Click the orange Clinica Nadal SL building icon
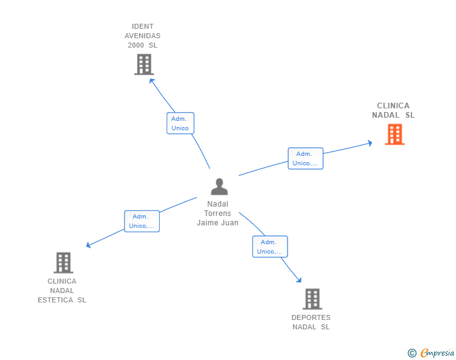tap(395, 135)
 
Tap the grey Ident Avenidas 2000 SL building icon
tap(144, 64)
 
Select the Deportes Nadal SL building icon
tap(312, 299)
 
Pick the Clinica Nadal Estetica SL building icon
tap(63, 263)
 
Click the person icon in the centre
tap(219, 187)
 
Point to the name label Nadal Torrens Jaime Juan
tap(218, 213)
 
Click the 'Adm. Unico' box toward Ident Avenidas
tap(180, 123)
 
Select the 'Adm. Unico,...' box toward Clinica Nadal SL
tap(305, 158)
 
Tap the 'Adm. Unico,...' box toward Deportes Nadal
tap(270, 247)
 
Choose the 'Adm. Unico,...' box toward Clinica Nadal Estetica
tap(142, 221)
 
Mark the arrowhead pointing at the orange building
tap(370, 143)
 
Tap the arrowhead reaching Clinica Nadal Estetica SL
tap(88, 245)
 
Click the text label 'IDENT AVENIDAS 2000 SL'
tap(142, 36)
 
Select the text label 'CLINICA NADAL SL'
tap(393, 110)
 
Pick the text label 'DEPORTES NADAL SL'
tap(311, 322)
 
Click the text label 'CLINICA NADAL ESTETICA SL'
tap(62, 291)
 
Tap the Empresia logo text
tap(437, 353)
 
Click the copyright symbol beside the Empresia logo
tap(412, 353)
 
